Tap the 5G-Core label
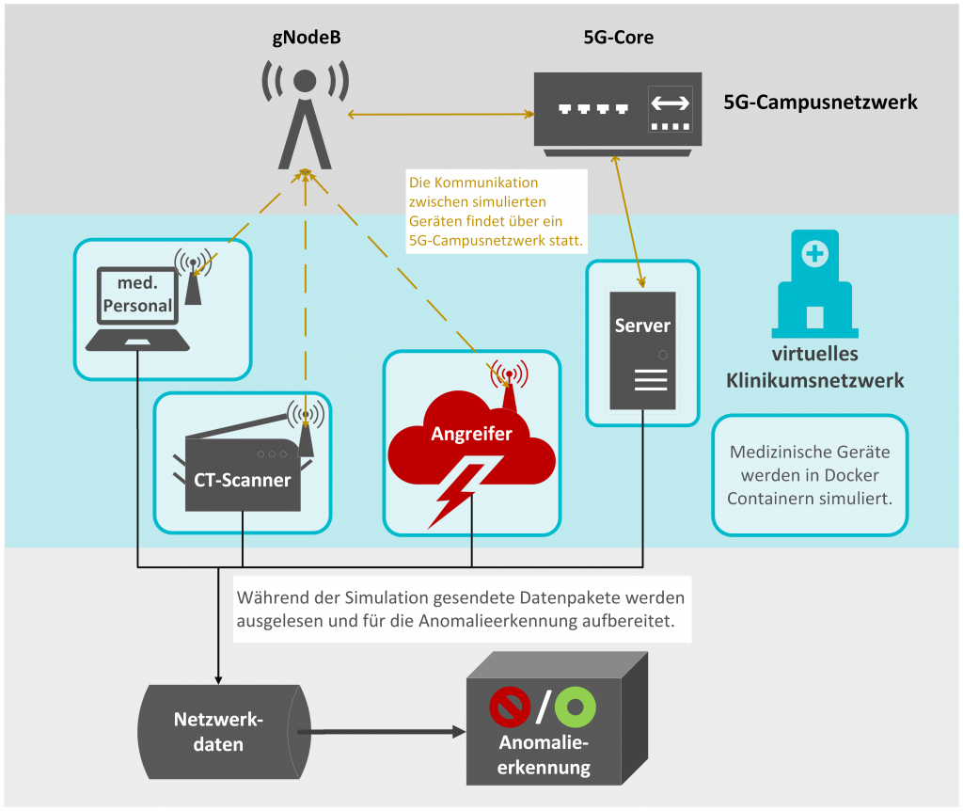click(x=618, y=39)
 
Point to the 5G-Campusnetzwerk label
click(x=820, y=102)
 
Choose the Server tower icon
click(x=642, y=350)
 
